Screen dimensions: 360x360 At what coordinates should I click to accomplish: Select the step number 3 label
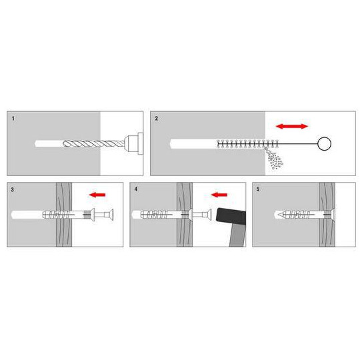click(x=14, y=189)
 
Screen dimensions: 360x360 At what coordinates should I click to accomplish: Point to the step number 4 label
click(x=135, y=189)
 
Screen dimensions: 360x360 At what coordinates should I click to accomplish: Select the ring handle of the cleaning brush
click(x=324, y=143)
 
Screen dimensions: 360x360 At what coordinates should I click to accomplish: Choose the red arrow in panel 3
click(x=99, y=195)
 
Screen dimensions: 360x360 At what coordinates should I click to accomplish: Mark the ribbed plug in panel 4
click(x=160, y=215)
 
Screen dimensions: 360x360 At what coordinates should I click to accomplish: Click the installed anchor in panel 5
click(x=300, y=215)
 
